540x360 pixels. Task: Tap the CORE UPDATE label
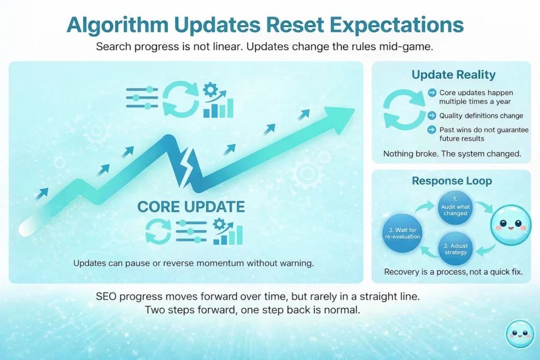[191, 207]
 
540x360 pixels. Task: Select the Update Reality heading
[454, 75]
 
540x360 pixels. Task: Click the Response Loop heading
[451, 181]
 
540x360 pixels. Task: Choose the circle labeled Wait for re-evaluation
[403, 232]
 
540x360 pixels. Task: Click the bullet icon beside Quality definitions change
[432, 115]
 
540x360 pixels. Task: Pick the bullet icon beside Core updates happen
[432, 93]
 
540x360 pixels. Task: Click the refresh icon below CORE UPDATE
[158, 232]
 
